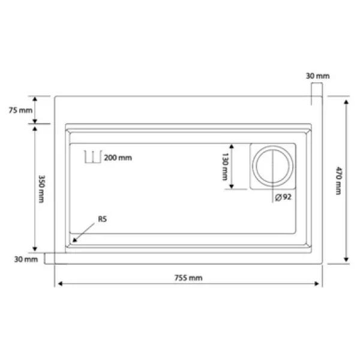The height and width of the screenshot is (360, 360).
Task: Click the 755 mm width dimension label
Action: pos(188,278)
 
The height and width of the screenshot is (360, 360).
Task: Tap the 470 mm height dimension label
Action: pos(338,181)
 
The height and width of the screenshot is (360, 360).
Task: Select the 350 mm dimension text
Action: pos(41,189)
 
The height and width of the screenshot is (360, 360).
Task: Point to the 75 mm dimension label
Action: pos(20,110)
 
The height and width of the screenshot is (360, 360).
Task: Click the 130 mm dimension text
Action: pos(225,167)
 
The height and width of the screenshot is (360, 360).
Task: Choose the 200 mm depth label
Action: pos(118,158)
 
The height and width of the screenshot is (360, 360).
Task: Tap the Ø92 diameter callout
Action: pos(283,197)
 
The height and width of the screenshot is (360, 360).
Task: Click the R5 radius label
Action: pos(103,219)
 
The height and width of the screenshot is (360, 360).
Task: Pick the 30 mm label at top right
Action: pos(318,76)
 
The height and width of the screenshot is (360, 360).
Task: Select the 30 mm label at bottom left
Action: pos(26,259)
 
